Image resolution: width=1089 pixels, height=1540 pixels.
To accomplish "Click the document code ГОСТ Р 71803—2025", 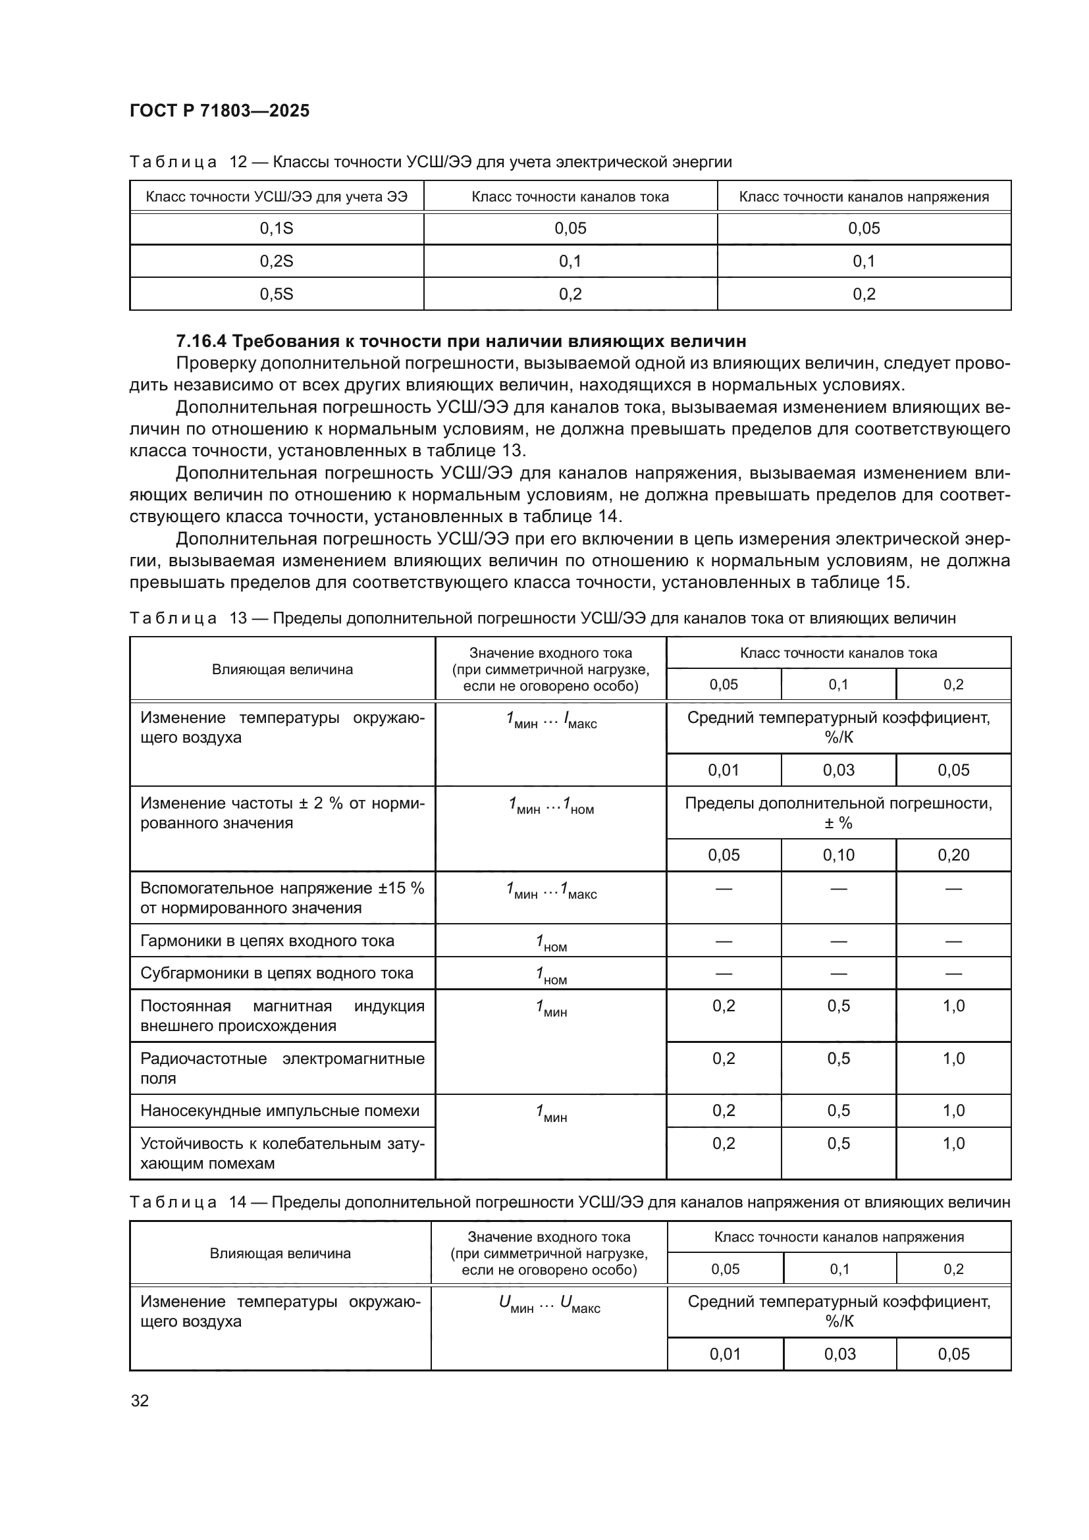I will click(219, 111).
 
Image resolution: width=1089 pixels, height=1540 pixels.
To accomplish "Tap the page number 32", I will click(140, 1400).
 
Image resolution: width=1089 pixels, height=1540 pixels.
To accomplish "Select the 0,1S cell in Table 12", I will click(277, 228).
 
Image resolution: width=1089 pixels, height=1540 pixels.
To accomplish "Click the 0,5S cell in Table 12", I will click(277, 294).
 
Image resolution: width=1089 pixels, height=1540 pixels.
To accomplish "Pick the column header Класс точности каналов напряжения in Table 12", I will click(864, 196).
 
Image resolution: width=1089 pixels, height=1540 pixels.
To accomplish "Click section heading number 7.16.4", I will click(201, 342).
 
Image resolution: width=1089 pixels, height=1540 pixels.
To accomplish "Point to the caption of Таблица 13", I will click(542, 618).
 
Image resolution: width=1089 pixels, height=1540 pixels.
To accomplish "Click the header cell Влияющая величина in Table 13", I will click(282, 670).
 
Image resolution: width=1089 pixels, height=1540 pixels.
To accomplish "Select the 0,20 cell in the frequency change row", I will click(953, 855).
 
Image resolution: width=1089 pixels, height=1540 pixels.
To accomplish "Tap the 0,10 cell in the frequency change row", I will click(838, 855).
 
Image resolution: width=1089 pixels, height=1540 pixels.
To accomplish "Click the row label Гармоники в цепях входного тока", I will click(267, 941).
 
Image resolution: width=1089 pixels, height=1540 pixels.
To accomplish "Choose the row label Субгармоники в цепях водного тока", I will click(277, 973).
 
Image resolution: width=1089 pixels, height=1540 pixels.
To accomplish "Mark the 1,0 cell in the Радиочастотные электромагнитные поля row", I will click(953, 1059).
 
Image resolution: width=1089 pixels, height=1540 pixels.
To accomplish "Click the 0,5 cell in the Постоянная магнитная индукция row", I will click(838, 1006).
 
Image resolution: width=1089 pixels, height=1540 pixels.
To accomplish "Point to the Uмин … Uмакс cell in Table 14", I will click(549, 1303).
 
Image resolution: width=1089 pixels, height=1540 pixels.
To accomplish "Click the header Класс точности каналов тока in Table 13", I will click(838, 652).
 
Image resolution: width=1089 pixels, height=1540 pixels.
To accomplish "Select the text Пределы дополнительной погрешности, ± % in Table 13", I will click(838, 813).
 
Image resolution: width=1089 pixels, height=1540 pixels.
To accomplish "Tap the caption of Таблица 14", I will click(569, 1202).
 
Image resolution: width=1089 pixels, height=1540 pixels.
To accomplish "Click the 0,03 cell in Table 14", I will click(839, 1354).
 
